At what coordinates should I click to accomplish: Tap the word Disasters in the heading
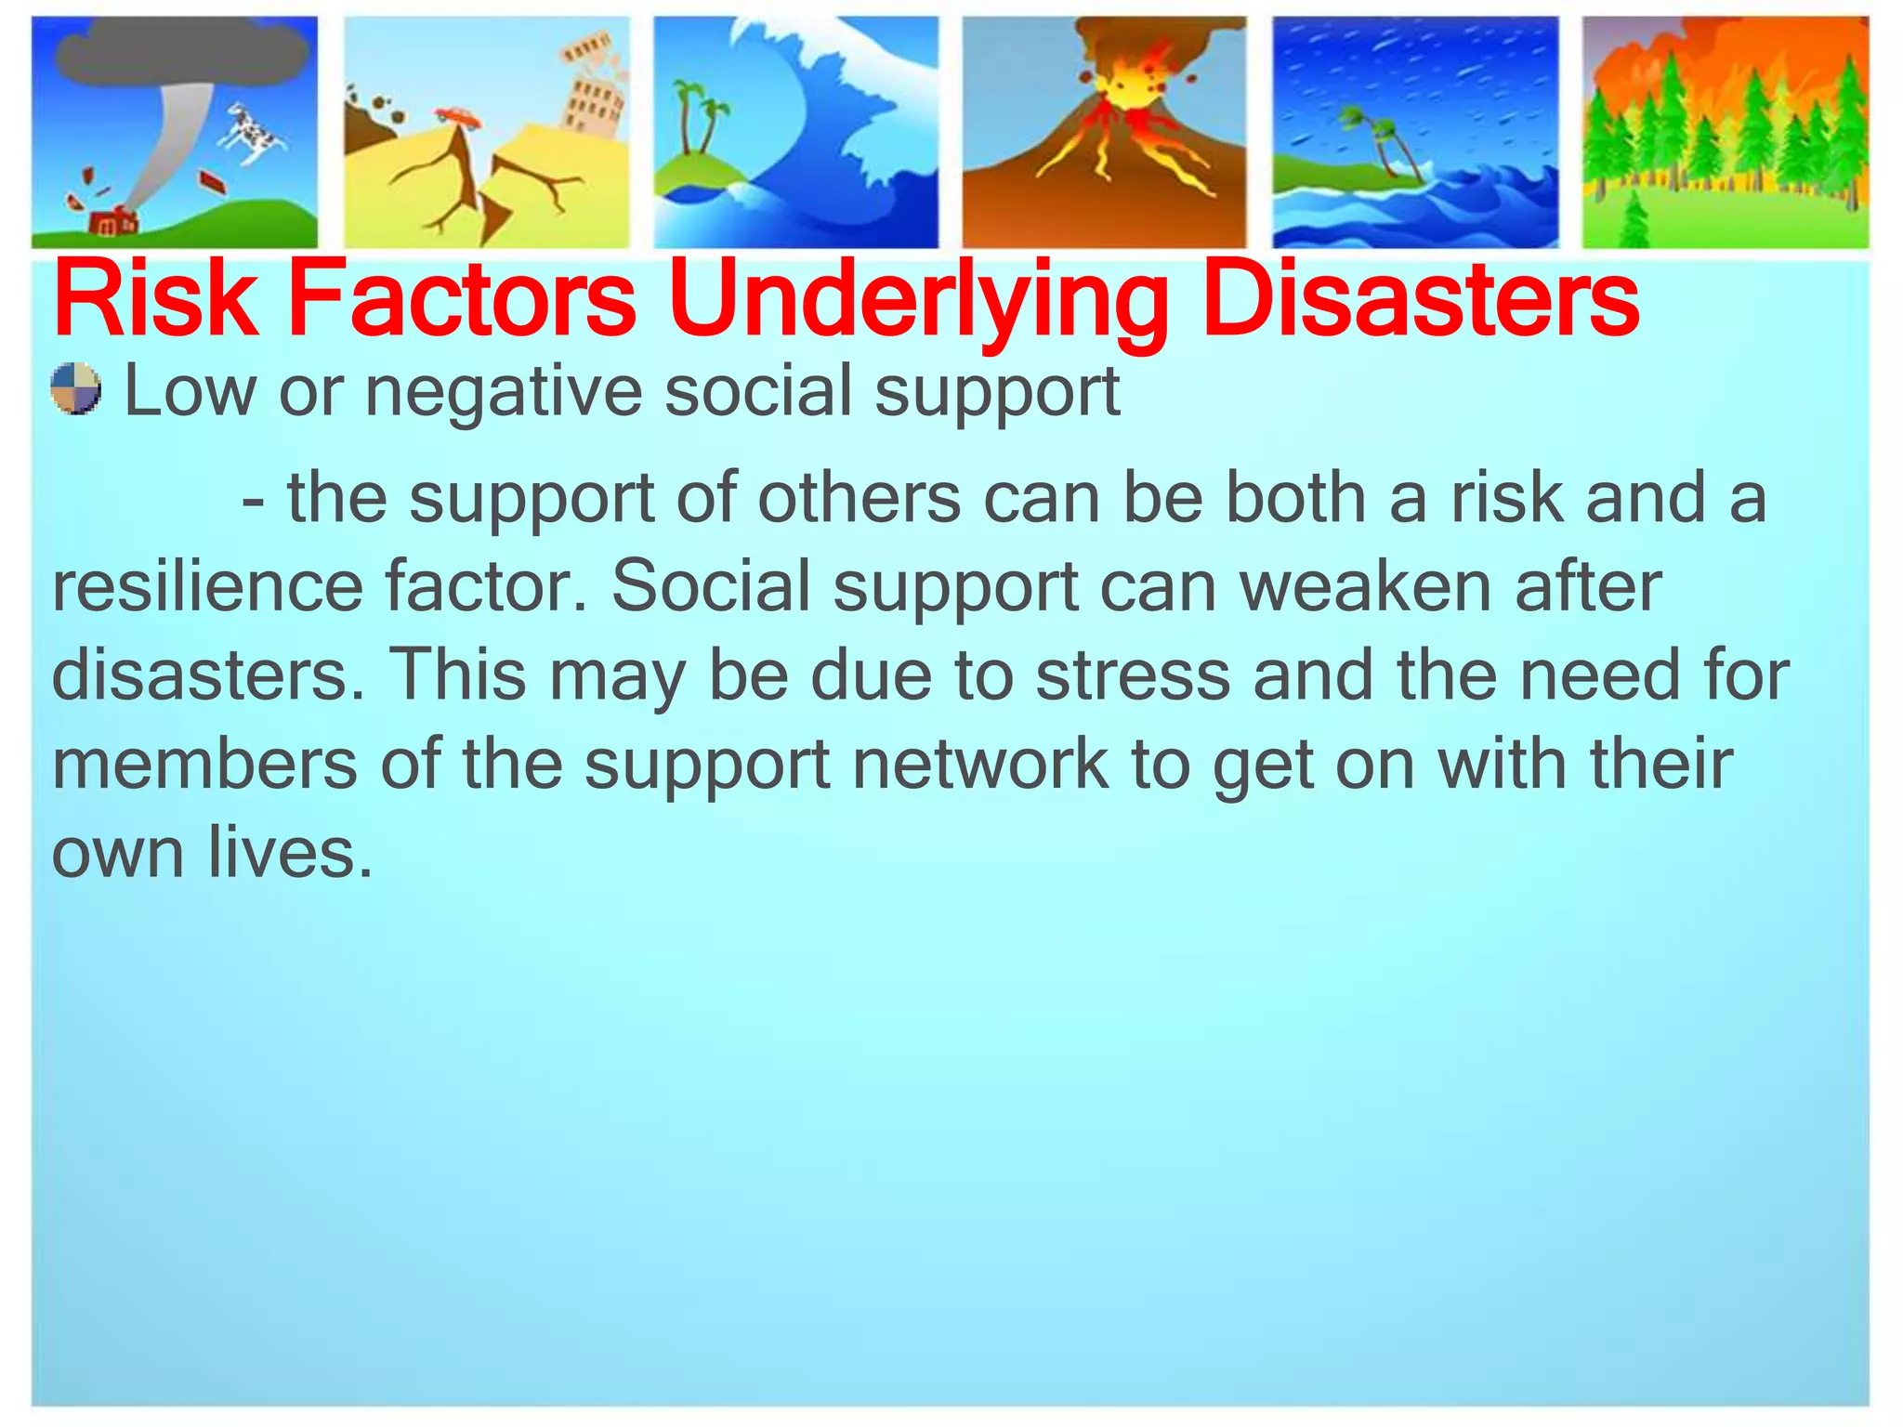click(1419, 300)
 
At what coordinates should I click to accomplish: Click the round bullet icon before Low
click(76, 389)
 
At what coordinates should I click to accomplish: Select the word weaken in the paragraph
click(1366, 586)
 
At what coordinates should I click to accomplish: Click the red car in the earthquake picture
click(457, 116)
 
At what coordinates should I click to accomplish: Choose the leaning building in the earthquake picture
click(589, 88)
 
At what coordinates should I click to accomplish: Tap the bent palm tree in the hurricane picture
click(1385, 144)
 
